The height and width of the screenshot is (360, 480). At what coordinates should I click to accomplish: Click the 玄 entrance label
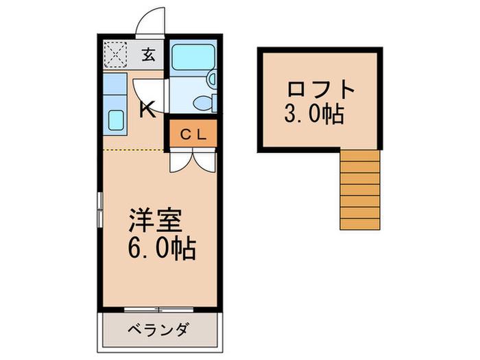tap(149, 55)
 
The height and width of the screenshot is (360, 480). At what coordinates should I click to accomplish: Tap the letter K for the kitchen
tap(147, 110)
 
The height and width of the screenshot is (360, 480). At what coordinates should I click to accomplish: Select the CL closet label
tap(193, 134)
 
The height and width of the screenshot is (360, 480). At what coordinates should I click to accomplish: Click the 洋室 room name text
tap(156, 220)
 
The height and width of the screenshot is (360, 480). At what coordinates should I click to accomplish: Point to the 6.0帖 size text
tap(161, 248)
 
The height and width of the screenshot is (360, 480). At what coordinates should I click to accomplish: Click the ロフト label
tap(320, 89)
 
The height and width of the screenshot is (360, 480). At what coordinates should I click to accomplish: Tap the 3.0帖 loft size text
tap(314, 114)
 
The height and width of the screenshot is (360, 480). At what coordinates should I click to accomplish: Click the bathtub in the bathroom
tap(193, 58)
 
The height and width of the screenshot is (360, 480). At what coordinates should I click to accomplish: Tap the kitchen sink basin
tap(117, 120)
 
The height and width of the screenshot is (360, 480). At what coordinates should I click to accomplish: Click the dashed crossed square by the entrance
tap(115, 54)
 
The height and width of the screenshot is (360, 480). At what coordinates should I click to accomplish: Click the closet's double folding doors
tap(193, 161)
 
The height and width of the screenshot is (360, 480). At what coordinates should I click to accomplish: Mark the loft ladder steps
tap(360, 190)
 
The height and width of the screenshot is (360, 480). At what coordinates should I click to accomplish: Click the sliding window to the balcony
tap(159, 310)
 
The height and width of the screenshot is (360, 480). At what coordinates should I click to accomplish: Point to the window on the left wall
tap(100, 210)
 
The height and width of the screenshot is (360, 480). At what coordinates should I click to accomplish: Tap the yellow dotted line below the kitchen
tap(133, 150)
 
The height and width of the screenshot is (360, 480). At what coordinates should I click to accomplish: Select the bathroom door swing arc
tap(146, 93)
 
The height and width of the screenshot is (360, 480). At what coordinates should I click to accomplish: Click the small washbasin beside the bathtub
tap(212, 79)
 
